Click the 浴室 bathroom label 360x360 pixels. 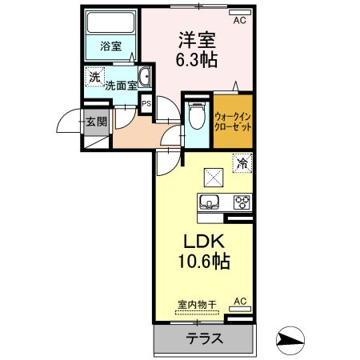click(110, 46)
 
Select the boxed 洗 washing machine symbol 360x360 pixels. click(94, 78)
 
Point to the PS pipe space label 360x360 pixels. click(146, 103)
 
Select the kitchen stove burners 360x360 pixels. click(241, 202)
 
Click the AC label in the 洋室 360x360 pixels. click(238, 21)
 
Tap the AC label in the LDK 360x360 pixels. click(238, 302)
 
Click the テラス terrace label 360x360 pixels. click(204, 338)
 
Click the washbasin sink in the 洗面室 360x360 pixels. click(145, 78)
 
